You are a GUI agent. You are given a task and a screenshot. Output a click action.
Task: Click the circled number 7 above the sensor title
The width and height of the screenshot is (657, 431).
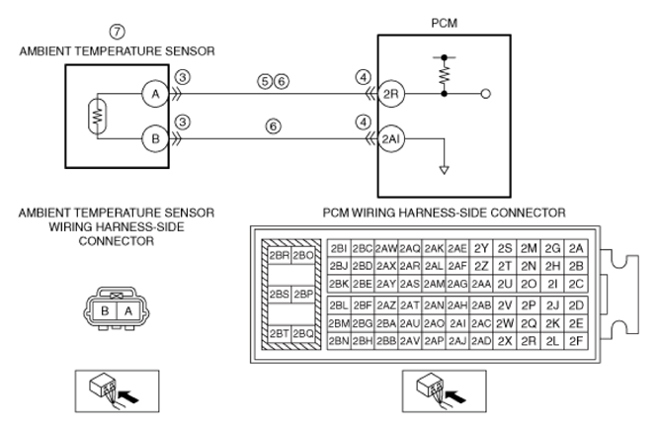117,32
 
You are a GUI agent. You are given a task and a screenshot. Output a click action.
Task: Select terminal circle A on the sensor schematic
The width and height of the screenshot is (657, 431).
155,94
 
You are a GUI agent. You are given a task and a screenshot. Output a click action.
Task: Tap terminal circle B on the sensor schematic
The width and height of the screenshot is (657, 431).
155,138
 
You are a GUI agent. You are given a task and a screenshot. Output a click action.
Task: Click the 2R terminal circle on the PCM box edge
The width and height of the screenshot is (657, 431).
391,94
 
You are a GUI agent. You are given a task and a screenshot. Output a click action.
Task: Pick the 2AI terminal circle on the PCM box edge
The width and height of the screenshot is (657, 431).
391,138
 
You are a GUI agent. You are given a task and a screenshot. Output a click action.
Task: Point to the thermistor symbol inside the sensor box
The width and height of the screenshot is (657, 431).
98,116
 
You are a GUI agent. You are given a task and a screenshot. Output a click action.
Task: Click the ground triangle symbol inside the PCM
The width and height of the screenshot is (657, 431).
445,170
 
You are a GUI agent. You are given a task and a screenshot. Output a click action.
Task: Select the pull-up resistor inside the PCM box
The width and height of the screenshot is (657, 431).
445,75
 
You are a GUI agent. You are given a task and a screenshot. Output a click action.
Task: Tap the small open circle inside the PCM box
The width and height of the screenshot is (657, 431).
486,94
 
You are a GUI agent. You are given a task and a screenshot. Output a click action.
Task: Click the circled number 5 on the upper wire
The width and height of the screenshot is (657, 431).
265,81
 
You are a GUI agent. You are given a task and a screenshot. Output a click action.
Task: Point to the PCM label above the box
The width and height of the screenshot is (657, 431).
445,23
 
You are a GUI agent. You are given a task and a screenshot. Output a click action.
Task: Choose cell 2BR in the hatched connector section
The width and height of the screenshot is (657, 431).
279,256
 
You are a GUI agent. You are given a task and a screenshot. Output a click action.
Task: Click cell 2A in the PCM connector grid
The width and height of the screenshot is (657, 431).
576,249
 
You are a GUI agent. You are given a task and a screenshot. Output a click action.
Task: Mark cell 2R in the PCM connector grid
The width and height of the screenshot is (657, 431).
529,341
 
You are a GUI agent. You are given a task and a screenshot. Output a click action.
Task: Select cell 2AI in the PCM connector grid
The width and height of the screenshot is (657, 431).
457,323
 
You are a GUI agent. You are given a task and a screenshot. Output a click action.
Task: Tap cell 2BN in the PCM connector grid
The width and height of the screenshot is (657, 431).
339,341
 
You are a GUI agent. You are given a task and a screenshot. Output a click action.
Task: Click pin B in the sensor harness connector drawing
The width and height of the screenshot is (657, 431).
105,311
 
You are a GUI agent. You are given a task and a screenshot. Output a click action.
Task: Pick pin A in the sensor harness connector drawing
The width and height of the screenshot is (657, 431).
128,311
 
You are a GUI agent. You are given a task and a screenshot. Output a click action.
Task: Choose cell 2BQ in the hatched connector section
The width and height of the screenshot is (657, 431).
303,334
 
